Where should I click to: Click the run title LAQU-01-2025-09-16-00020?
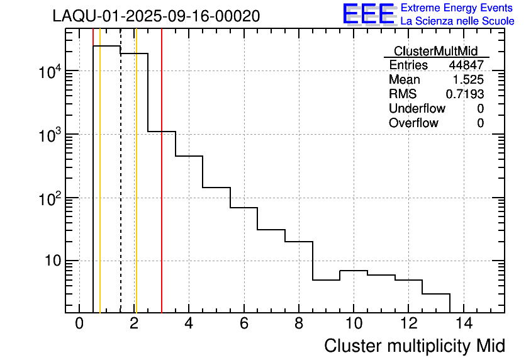[156, 16]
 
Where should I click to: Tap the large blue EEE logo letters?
[369, 14]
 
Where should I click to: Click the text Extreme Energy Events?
[457, 8]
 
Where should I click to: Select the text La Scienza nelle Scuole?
[457, 21]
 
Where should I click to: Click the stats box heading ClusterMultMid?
[435, 51]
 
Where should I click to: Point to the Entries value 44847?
[466, 65]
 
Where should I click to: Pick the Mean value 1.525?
[469, 80]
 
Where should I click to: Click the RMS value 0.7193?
[465, 94]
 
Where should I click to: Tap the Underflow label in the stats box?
[417, 109]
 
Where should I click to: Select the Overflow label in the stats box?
[413, 123]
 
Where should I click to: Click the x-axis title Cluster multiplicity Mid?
[414, 346]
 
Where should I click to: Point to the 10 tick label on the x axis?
[354, 323]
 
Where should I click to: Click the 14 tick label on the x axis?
[463, 323]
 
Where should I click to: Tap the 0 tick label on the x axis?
[79, 323]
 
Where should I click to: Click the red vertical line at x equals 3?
[162, 189]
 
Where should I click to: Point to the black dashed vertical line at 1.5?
[120, 189]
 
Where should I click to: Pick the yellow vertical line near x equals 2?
[136, 189]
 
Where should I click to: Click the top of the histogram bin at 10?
[354, 271]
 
